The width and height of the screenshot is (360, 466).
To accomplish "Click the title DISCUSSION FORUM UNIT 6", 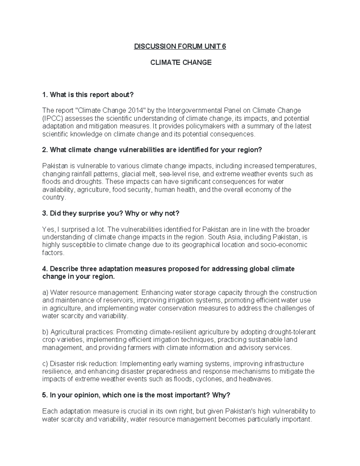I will tap(180, 47).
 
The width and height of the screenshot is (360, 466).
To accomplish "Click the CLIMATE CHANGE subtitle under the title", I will tap(181, 62).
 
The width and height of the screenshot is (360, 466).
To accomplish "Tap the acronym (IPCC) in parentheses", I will tap(53, 118).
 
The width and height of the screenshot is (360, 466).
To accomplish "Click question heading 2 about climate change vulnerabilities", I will tap(152, 150).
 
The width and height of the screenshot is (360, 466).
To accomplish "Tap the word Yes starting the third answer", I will tap(48, 230).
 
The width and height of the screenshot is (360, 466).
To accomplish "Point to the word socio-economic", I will tap(285, 245).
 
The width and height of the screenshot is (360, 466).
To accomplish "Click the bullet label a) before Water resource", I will tap(45, 293).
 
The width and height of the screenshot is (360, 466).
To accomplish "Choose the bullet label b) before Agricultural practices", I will tap(45, 332).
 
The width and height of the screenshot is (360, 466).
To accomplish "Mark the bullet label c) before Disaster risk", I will tap(45, 364).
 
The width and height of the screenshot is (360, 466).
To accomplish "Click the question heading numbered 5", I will tap(136, 395).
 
